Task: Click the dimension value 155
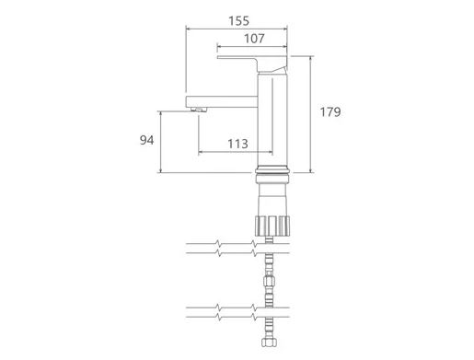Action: [238, 21]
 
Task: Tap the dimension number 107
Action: [254, 39]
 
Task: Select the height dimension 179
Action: [330, 111]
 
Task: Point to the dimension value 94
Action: [146, 140]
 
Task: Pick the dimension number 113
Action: [237, 144]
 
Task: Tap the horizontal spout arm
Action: [222, 101]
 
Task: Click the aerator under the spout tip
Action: [199, 110]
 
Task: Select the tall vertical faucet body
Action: [272, 120]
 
